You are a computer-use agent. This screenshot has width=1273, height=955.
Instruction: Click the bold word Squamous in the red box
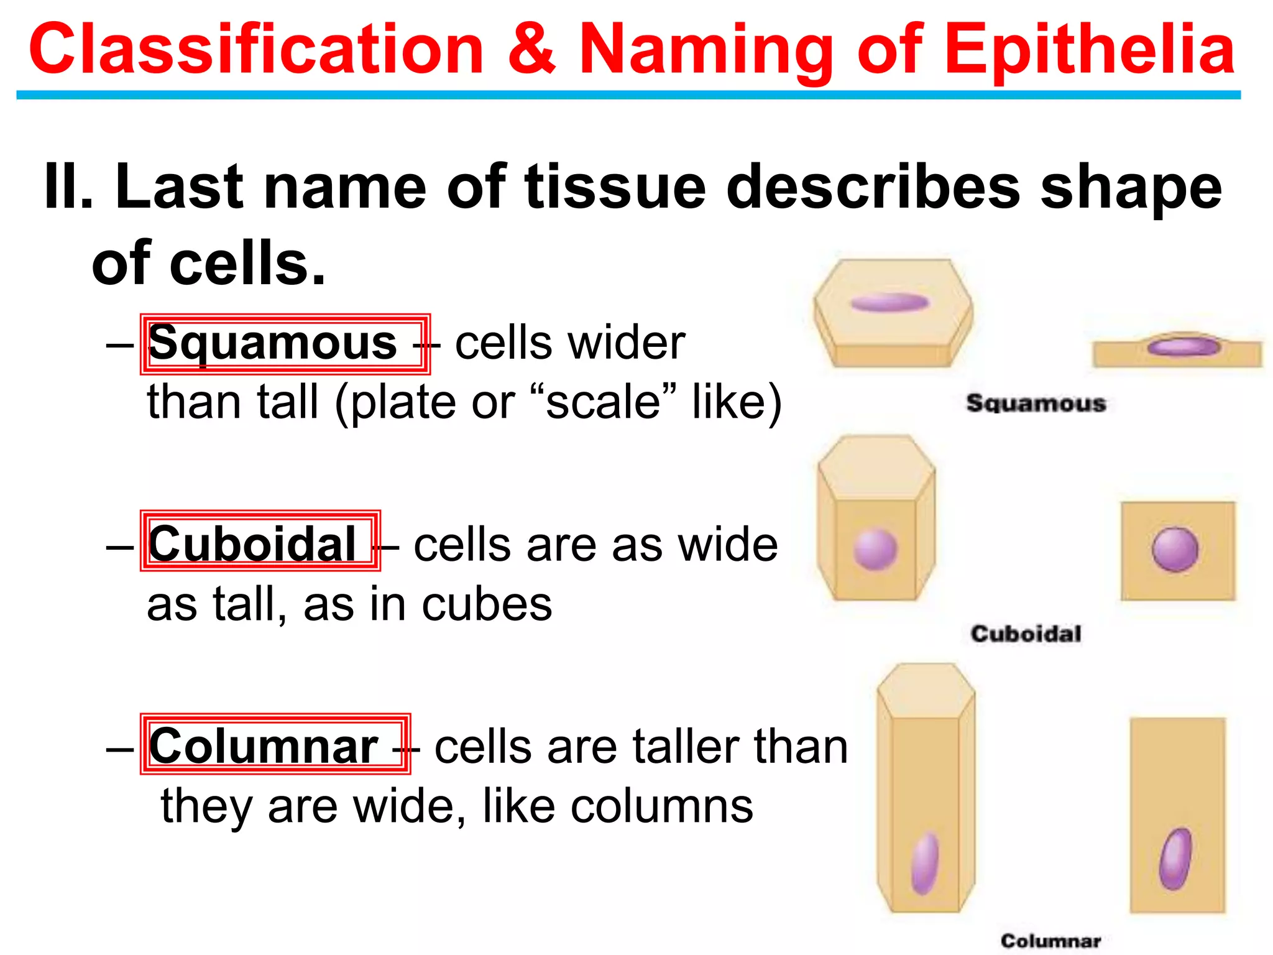tap(272, 343)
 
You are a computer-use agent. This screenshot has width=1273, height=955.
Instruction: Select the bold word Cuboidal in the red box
tap(252, 544)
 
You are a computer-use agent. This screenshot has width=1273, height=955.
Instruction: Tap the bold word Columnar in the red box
tap(264, 745)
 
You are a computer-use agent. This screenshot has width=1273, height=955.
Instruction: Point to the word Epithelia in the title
tap(1091, 50)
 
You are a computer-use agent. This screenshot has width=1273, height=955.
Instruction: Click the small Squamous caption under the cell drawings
tap(1036, 403)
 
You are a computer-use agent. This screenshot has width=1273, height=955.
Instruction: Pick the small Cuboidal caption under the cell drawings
tap(1026, 634)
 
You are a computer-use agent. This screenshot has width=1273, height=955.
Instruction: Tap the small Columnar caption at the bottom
tap(1050, 941)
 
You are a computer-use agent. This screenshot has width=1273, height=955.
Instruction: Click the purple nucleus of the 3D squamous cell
tap(889, 303)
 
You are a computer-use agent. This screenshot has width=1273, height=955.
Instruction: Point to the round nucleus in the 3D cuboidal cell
tap(875, 548)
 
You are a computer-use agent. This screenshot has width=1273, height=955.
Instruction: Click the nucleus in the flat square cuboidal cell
tap(1175, 549)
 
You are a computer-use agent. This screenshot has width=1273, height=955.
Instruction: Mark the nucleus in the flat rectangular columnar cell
tap(1175, 859)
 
